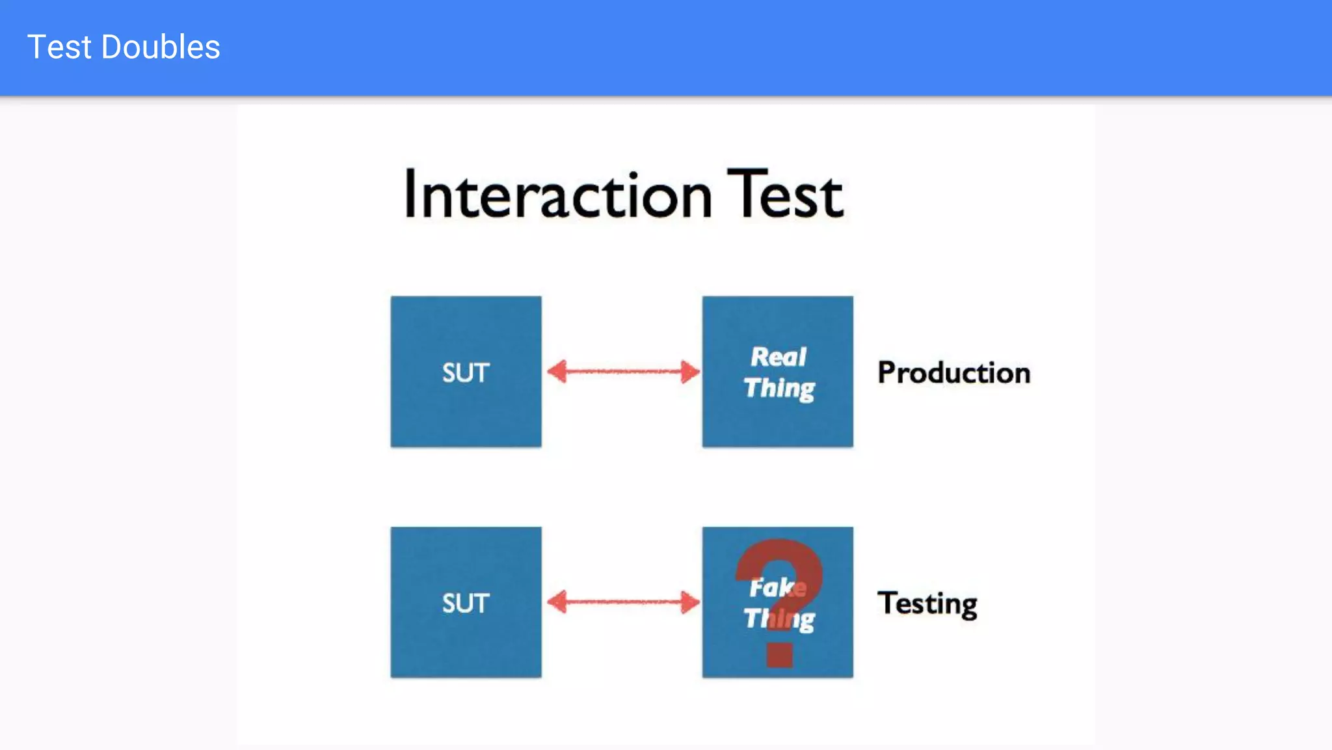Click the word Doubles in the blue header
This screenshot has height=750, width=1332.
click(x=161, y=48)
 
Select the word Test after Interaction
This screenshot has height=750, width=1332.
click(x=784, y=193)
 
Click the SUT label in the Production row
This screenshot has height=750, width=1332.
click(x=466, y=372)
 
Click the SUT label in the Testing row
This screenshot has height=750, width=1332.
click(x=466, y=603)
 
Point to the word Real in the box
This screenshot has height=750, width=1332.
click(x=778, y=357)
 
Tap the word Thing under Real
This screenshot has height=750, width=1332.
click(x=779, y=389)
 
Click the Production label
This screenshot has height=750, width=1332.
click(x=953, y=373)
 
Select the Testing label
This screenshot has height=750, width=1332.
click(x=927, y=604)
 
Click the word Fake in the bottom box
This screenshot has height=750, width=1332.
click(x=777, y=587)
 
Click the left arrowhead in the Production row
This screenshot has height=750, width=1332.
click(x=557, y=372)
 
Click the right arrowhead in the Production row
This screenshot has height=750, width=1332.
click(x=690, y=372)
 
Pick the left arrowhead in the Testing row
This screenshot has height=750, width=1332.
click(x=557, y=602)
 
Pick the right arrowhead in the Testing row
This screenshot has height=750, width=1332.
click(x=690, y=602)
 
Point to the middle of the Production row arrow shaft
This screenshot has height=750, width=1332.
click(x=623, y=372)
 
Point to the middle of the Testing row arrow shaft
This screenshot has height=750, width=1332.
click(x=623, y=602)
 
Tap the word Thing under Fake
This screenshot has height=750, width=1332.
click(x=779, y=619)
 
